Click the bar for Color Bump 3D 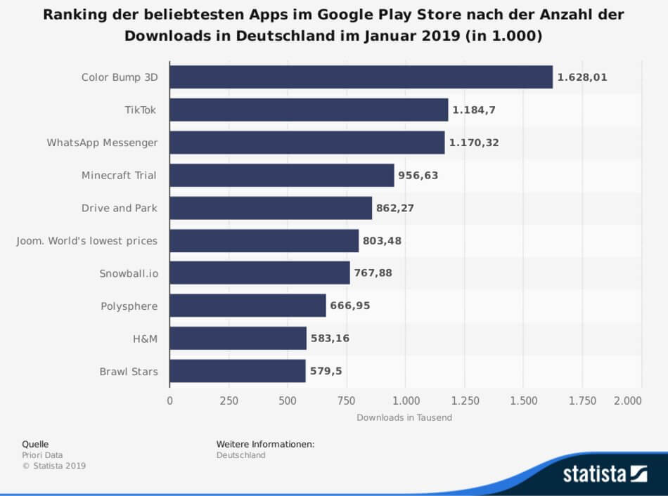tap(361, 77)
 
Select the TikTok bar tap(309, 110)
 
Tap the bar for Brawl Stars tap(238, 371)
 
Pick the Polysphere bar tap(248, 306)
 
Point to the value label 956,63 tap(418, 175)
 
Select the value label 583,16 tap(330, 339)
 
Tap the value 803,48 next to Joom tap(382, 240)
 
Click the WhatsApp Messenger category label tap(102, 143)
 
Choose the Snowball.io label tap(128, 273)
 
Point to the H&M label tap(144, 339)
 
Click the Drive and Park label tap(119, 208)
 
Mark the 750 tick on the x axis tap(347, 400)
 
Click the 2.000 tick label tap(627, 400)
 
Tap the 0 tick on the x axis tap(169, 400)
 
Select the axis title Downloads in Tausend tap(404, 417)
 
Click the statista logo tap(604, 474)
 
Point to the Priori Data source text tap(42, 455)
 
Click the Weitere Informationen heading tap(265, 444)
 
